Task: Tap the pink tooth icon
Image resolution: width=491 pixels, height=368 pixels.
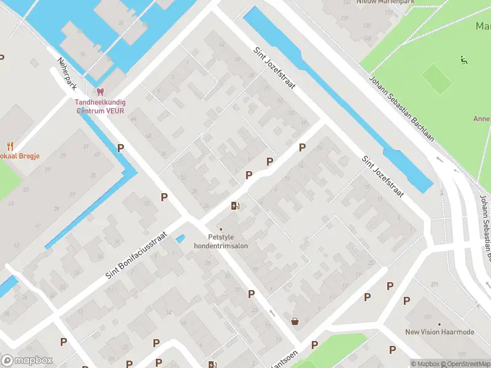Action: pos(101,92)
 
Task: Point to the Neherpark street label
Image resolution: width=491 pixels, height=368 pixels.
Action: pos(66,74)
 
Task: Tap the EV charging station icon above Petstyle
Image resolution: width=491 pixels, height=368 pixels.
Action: pos(234,206)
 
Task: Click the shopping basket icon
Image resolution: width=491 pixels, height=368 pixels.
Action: pos(295,321)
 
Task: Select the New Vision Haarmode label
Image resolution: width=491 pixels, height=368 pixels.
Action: pos(439,332)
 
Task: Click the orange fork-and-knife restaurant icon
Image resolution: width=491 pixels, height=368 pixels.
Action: pos(10,146)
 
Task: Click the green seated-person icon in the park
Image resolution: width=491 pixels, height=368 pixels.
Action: pos(464,59)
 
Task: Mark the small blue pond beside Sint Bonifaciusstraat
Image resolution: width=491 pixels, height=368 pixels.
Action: pos(180,239)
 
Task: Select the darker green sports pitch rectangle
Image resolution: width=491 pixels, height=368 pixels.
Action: pos(436,79)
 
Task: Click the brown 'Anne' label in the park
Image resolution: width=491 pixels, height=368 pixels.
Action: pos(481,118)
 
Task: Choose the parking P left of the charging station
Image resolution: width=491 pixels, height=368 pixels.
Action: pos(164,197)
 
